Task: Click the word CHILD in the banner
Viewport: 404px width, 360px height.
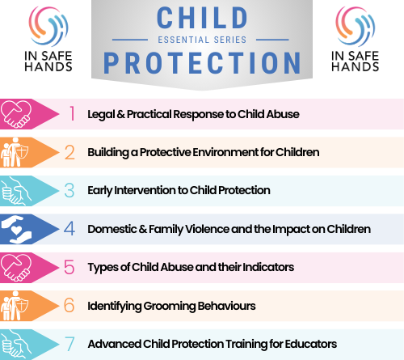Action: [202, 18]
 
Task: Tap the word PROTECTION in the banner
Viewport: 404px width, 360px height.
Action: [202, 63]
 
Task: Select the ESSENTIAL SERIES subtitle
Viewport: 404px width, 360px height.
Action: [202, 40]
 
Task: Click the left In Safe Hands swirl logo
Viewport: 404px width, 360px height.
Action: [48, 26]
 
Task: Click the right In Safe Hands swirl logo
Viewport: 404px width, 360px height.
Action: [356, 26]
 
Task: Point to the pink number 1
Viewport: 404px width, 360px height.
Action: [72, 113]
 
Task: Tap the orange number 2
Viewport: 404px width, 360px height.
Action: [69, 152]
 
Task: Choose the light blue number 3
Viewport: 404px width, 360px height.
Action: [69, 190]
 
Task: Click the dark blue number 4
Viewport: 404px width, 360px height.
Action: [69, 229]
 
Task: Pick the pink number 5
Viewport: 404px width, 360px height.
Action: [69, 267]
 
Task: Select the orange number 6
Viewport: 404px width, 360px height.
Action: [69, 306]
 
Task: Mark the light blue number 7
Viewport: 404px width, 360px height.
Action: [69, 344]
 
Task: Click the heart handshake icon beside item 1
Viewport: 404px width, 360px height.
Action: [16, 114]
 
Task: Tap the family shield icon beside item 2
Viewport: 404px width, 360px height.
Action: [15, 152]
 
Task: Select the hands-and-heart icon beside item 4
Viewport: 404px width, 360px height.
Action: [17, 229]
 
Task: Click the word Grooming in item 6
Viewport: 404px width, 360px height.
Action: [170, 306]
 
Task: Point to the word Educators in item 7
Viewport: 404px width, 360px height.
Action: [311, 344]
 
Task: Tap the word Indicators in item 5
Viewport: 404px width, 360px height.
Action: [268, 267]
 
